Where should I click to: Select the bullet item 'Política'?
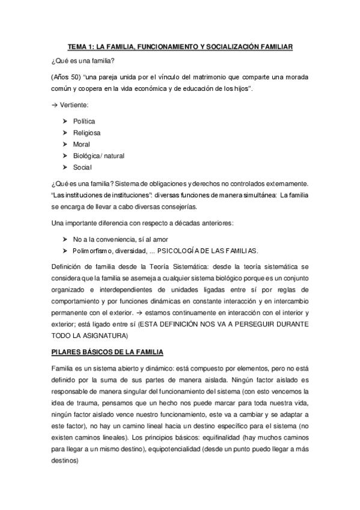pyautogui.click(x=84, y=121)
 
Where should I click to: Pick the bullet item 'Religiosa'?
pyautogui.click(x=87, y=133)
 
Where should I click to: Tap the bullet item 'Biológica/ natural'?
pyautogui.click(x=99, y=156)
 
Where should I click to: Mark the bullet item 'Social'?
pyautogui.click(x=83, y=167)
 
